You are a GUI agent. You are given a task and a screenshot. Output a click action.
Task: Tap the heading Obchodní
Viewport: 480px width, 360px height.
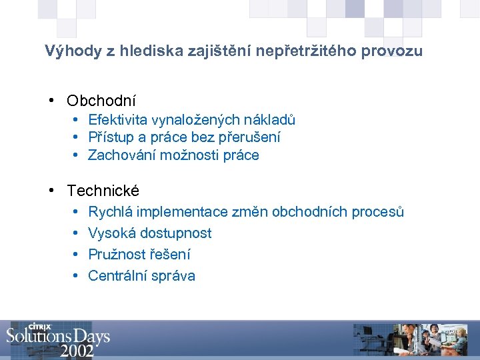pyautogui.click(x=101, y=101)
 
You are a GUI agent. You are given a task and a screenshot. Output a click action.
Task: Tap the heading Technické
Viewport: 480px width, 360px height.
pyautogui.click(x=103, y=191)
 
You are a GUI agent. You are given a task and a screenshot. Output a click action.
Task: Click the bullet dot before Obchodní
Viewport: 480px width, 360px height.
pyautogui.click(x=51, y=101)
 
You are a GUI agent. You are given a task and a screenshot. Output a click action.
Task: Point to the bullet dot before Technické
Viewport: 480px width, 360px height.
pyautogui.click(x=51, y=191)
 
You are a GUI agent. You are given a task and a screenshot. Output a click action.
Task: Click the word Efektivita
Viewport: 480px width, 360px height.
pyautogui.click(x=118, y=120)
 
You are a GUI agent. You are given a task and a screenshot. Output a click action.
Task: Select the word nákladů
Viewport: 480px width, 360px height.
pyautogui.click(x=269, y=120)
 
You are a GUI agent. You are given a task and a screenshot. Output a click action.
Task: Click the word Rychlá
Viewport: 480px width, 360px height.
pyautogui.click(x=110, y=212)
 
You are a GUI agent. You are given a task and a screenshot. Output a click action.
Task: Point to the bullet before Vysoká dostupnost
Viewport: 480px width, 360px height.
pyautogui.click(x=76, y=233)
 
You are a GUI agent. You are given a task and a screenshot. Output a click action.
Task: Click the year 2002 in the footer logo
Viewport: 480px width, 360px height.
pyautogui.click(x=77, y=350)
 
